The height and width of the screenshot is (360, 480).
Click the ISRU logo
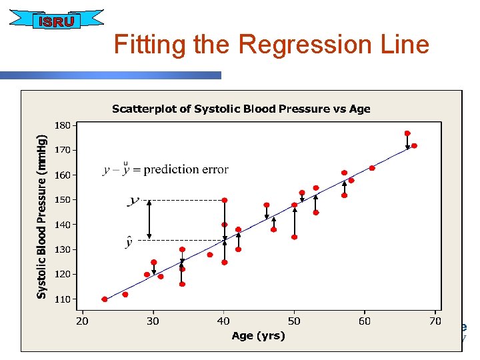coord(56,21)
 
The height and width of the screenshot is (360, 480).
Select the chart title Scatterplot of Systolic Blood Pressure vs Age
coord(241,109)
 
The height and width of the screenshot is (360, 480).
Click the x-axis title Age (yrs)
coord(258,335)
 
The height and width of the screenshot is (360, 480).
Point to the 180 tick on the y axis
coord(61,125)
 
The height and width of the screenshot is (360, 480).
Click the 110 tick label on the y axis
coord(61,299)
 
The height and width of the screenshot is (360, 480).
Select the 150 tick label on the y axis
coord(61,200)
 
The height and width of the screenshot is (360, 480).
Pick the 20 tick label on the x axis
coord(83,321)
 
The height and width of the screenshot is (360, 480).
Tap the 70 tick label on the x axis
coord(435,321)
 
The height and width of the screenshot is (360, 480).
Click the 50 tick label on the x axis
coord(294,321)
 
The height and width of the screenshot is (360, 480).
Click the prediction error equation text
coord(165,169)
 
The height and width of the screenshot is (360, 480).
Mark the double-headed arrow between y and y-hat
coord(149,219)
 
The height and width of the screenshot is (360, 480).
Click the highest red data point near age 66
coord(407,133)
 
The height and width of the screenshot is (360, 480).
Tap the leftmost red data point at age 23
coord(105,299)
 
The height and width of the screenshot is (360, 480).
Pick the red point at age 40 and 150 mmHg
coord(225,200)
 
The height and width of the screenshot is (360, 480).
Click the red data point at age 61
coord(372,168)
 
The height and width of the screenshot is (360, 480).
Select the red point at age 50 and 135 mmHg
coord(294,237)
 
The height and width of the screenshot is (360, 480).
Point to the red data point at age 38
coord(210,255)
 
